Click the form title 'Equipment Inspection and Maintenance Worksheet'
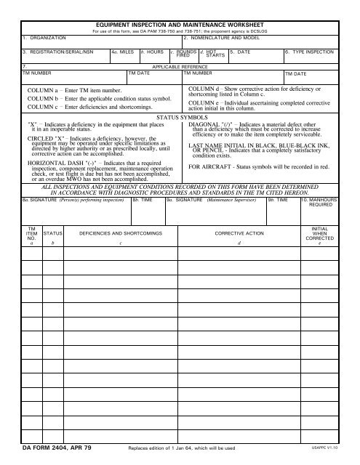180,24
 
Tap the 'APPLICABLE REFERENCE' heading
179,66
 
